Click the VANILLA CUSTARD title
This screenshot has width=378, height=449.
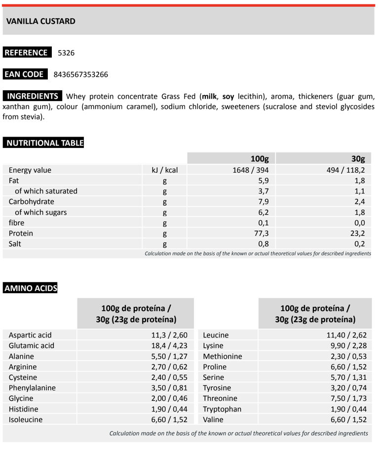[x=41, y=21]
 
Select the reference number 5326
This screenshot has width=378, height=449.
[x=66, y=53]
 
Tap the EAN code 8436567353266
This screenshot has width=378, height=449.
[x=80, y=75]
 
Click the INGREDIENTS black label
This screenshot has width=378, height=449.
[x=33, y=96]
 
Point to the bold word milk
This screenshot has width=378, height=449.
[x=208, y=96]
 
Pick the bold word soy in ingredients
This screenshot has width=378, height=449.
[x=228, y=96]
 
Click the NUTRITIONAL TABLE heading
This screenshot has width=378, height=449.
[x=44, y=143]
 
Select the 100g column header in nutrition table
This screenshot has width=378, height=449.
[x=259, y=159]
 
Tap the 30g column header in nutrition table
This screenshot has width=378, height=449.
[x=358, y=159]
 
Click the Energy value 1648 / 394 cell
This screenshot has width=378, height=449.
[x=250, y=170]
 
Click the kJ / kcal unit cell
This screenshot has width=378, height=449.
[x=165, y=170]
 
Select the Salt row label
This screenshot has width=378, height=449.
[x=15, y=244]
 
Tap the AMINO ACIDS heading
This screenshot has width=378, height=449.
[x=31, y=289]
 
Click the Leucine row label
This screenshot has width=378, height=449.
[x=216, y=335]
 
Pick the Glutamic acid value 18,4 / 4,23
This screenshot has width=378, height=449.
[x=169, y=346]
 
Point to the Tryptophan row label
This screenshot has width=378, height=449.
[x=222, y=409]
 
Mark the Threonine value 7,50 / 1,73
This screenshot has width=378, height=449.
[x=347, y=398]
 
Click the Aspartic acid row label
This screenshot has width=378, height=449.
[x=30, y=335]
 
